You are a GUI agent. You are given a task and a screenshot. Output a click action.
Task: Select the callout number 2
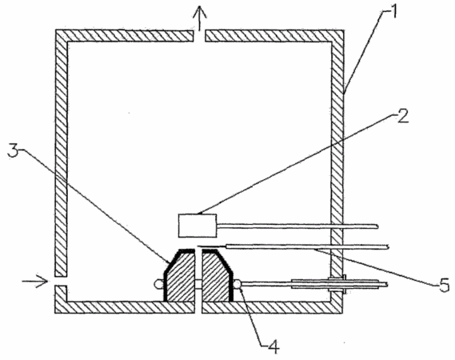pyautogui.click(x=402, y=115)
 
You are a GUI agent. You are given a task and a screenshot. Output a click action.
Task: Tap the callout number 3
pyautogui.click(x=13, y=150)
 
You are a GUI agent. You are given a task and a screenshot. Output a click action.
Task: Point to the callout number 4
pyautogui.click(x=273, y=346)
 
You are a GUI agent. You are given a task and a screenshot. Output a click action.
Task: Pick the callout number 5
pyautogui.click(x=443, y=285)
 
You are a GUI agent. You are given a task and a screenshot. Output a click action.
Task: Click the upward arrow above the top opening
pyautogui.click(x=200, y=18)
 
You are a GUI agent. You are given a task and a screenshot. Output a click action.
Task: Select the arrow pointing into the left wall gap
pyautogui.click(x=35, y=281)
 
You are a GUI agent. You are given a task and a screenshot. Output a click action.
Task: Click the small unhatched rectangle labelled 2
pyautogui.click(x=198, y=226)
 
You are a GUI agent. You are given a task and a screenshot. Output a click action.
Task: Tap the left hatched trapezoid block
pyautogui.click(x=179, y=276)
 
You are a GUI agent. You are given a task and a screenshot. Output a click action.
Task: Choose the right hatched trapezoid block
pyautogui.click(x=217, y=276)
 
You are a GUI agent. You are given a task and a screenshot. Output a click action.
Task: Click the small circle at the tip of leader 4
pyautogui.click(x=237, y=284)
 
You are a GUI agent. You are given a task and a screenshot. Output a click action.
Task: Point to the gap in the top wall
pyautogui.click(x=199, y=36)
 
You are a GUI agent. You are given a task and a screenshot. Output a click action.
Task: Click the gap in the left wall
pyautogui.click(x=61, y=281)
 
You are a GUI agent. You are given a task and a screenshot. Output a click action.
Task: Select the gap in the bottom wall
pyautogui.click(x=198, y=307)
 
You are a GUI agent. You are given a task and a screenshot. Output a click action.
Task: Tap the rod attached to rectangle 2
pyautogui.click(x=297, y=226)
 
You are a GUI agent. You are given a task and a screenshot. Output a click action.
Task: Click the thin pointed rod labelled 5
pyautogui.click(x=293, y=247)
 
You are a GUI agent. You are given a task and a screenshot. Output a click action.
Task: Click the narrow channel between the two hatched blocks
pyautogui.click(x=198, y=275)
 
